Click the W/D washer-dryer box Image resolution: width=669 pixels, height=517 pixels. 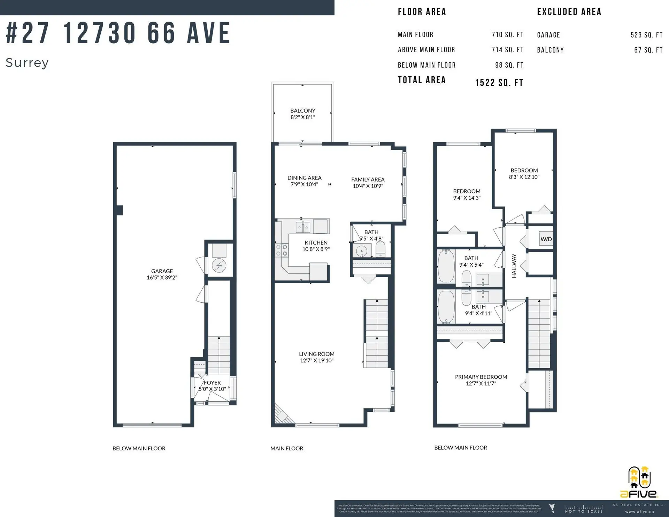click(x=546, y=239)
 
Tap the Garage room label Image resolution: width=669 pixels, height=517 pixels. click(x=162, y=274)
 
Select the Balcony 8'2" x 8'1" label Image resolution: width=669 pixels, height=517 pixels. click(x=302, y=114)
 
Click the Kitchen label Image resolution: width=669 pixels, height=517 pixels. click(x=316, y=246)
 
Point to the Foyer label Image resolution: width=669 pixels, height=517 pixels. click(x=212, y=386)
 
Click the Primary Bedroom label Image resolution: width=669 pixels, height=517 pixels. click(x=480, y=380)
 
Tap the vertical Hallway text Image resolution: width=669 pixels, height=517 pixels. click(x=514, y=266)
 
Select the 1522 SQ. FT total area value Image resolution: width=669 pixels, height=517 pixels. click(x=499, y=83)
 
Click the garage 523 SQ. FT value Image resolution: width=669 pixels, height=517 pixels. click(x=646, y=35)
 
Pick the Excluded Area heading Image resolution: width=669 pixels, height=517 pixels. click(x=569, y=12)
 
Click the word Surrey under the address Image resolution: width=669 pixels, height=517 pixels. click(x=27, y=63)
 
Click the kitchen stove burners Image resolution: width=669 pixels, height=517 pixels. click(x=282, y=250)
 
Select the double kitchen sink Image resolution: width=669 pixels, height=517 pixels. click(x=303, y=227)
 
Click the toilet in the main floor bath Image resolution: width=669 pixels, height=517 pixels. click(x=380, y=249)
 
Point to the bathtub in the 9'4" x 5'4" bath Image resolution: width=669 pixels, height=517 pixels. click(x=446, y=266)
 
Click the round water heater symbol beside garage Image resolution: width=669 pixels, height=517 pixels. click(x=219, y=266)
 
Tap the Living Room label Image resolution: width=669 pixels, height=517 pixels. click(x=316, y=357)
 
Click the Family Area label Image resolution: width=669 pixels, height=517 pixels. click(x=368, y=183)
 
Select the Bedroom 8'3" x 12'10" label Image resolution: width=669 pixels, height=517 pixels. click(x=524, y=174)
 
